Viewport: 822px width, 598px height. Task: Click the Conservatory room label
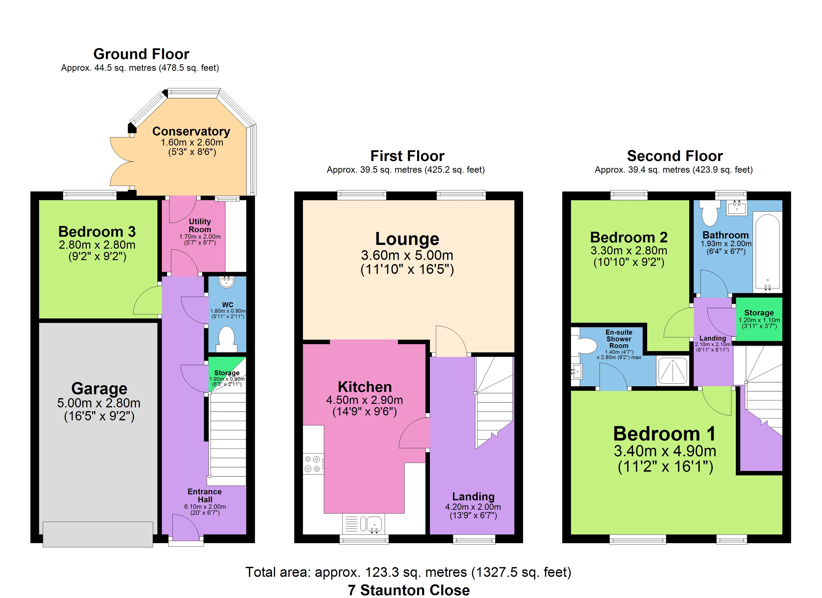(x=191, y=131)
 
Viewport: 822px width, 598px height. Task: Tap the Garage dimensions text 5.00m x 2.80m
(x=99, y=403)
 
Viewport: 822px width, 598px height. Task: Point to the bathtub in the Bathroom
(x=767, y=252)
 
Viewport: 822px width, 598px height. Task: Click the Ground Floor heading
(x=141, y=54)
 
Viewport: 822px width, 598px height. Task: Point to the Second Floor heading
(x=675, y=156)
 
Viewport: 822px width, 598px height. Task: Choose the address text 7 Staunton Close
(x=409, y=590)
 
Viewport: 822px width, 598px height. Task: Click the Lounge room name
(x=407, y=239)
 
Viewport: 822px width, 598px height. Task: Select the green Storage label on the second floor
(x=759, y=313)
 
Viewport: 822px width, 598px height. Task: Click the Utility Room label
(x=200, y=225)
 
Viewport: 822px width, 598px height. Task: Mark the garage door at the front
(x=98, y=534)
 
